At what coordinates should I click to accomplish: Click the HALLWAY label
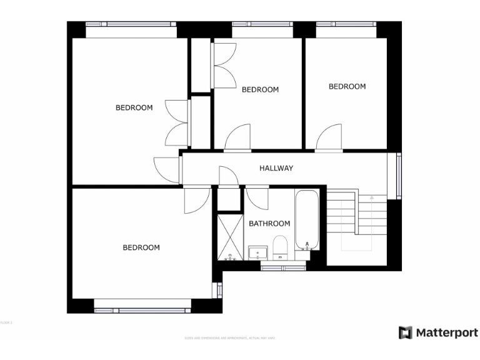point(276,168)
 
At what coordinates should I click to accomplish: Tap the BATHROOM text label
point(269,224)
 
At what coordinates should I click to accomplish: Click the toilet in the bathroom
point(280,248)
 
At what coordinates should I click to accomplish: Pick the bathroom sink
point(257,253)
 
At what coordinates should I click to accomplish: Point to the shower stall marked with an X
point(229,237)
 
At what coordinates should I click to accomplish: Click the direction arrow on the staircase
point(371,197)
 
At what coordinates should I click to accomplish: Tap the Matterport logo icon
point(406,332)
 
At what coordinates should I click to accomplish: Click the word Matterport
point(447,332)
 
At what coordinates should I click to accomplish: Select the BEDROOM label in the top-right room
point(347,86)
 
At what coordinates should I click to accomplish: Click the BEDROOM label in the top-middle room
point(260,89)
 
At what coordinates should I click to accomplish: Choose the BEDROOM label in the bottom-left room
point(141,247)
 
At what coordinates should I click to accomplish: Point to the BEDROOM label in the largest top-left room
point(134,107)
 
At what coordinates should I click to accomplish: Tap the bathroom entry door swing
point(257,197)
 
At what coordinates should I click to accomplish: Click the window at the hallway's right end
point(397,176)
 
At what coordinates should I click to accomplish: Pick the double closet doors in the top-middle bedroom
point(224,64)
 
